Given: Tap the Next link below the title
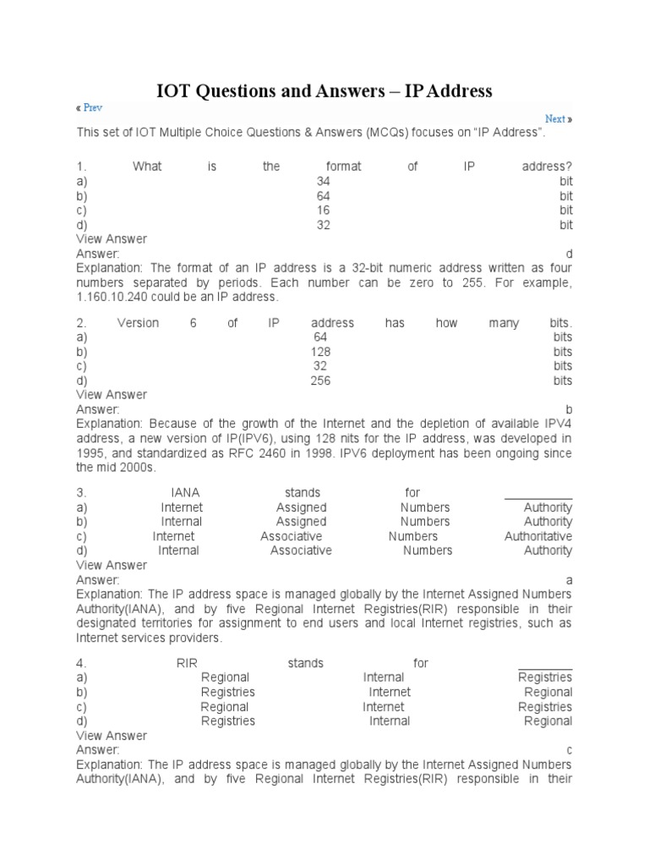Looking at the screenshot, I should pyautogui.click(x=555, y=119).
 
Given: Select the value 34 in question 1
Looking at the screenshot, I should pyautogui.click(x=323, y=181).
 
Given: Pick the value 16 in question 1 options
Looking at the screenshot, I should pyautogui.click(x=323, y=210).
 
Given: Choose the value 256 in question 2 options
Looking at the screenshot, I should pyautogui.click(x=321, y=381).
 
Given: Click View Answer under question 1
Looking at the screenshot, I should pyautogui.click(x=112, y=239).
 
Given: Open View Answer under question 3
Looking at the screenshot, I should pyautogui.click(x=112, y=565).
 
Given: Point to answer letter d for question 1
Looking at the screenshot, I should pyautogui.click(x=569, y=254).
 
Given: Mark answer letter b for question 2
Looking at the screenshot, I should pyautogui.click(x=569, y=409).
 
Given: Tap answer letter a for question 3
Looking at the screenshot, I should pyautogui.click(x=569, y=580).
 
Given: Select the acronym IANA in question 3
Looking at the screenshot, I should pyautogui.click(x=185, y=492).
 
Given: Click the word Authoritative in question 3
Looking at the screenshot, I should pyautogui.click(x=538, y=536).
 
